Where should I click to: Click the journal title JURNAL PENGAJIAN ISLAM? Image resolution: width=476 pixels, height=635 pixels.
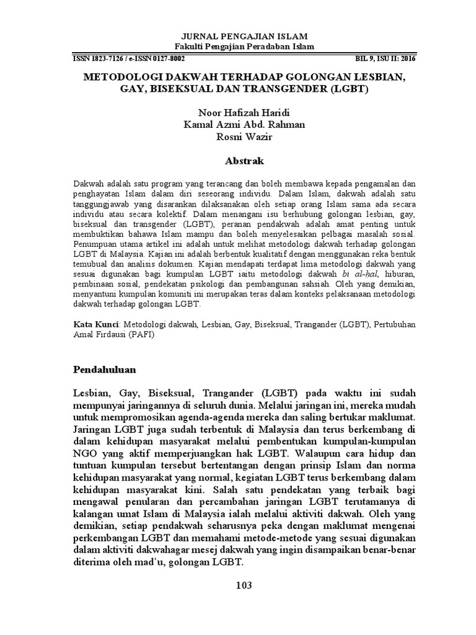pos(238,37)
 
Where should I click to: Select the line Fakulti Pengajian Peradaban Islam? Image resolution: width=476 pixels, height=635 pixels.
pos(238,47)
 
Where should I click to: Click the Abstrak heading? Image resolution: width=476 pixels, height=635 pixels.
pos(239,161)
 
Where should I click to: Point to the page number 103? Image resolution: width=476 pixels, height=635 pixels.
pos(239,585)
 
